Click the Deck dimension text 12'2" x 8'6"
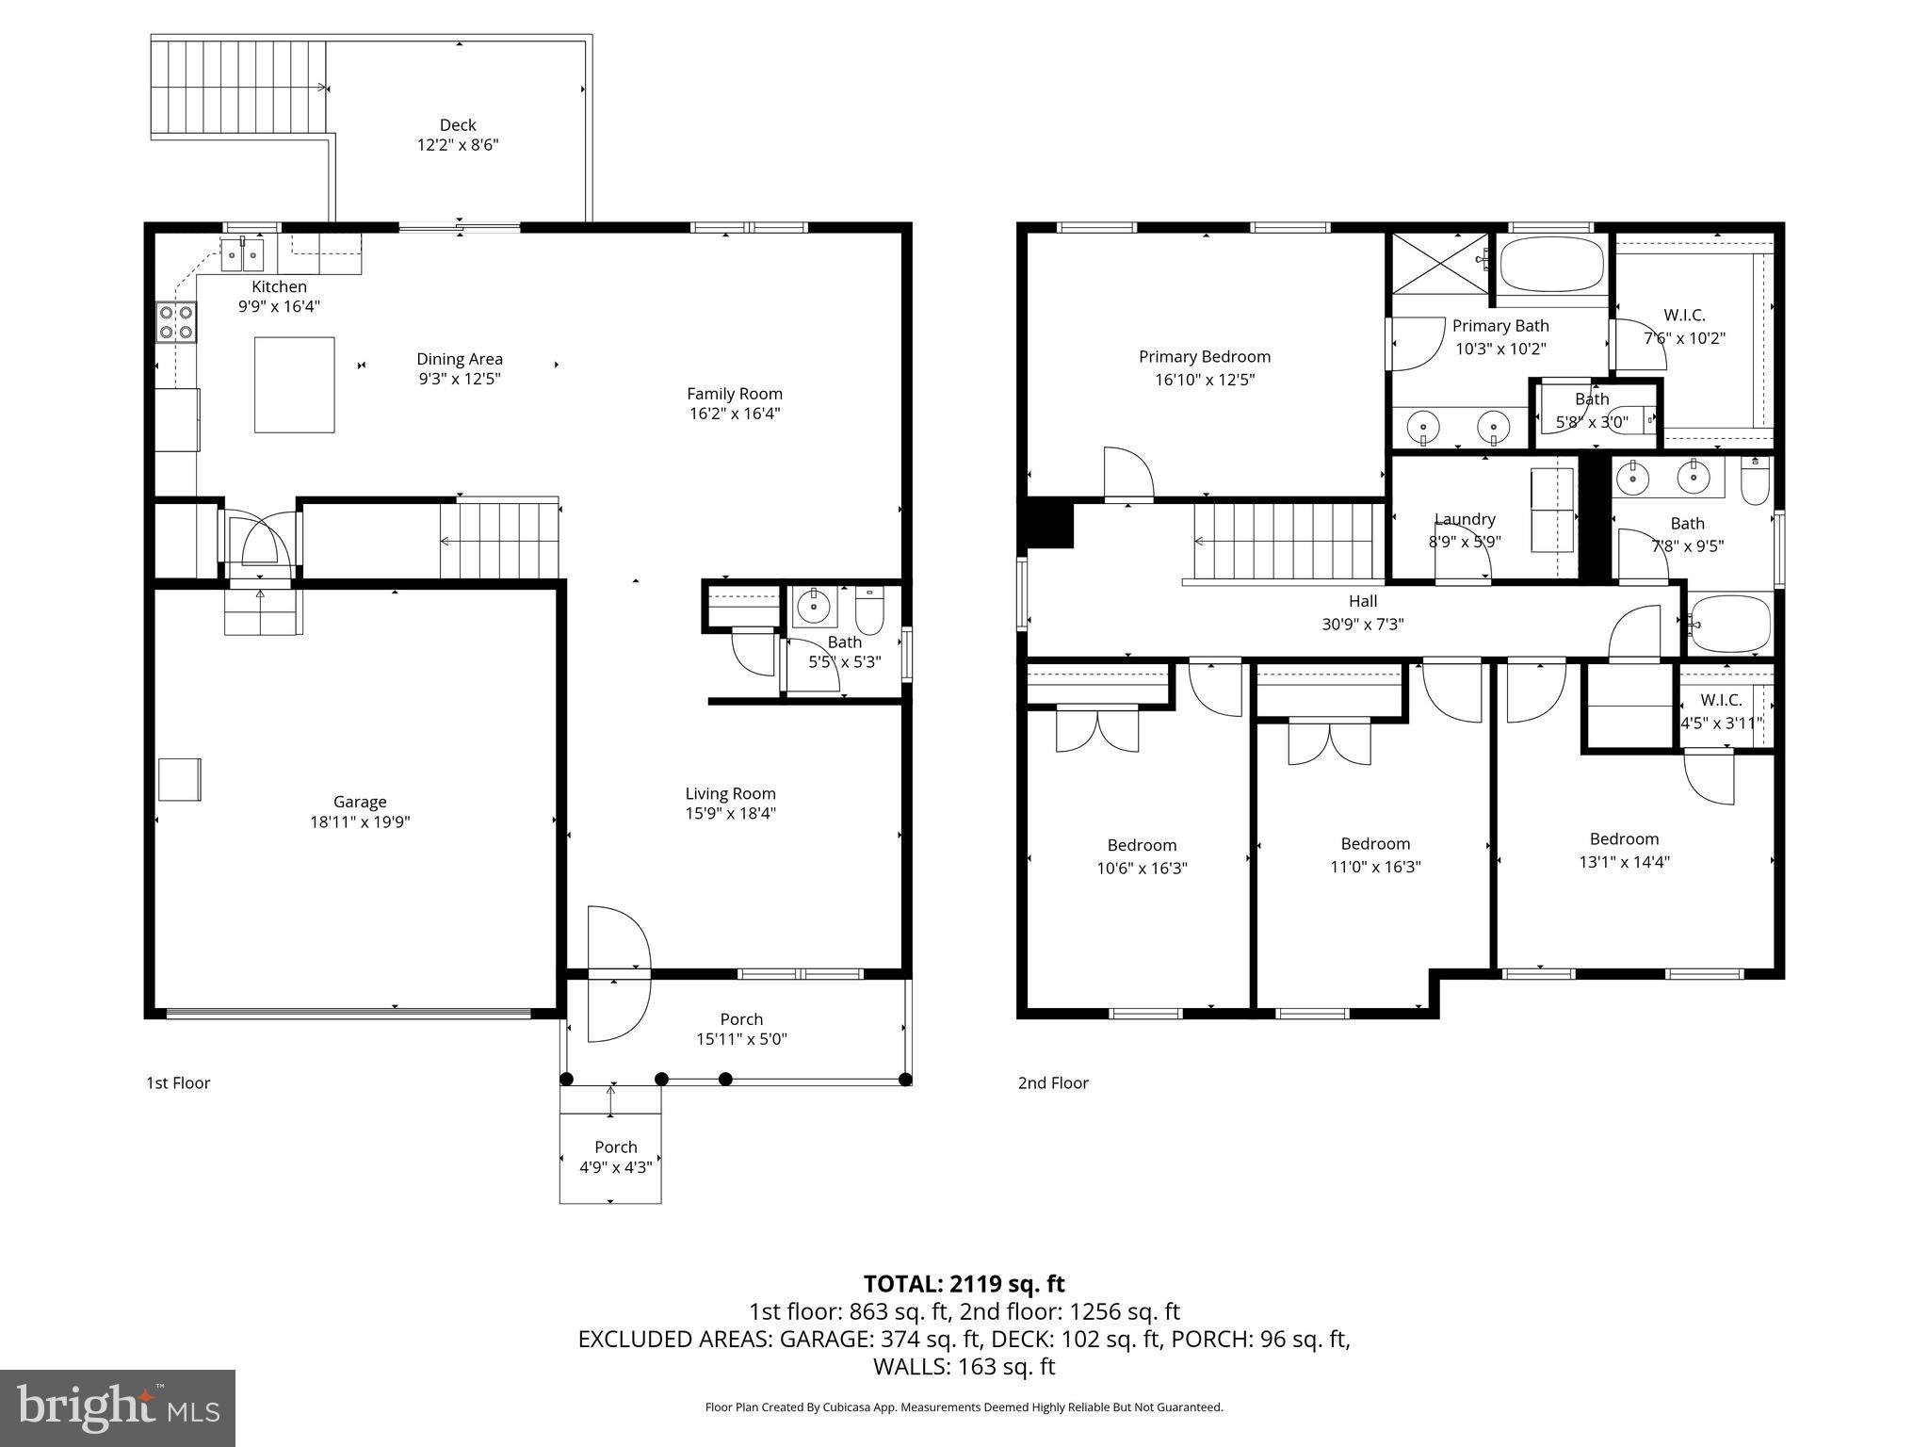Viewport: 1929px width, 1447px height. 458,145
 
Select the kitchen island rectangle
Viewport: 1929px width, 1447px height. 294,384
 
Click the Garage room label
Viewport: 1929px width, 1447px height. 360,802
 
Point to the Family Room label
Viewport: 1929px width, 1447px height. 734,394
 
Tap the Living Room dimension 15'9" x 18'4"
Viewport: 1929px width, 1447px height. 730,814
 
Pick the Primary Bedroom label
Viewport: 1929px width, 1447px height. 1204,357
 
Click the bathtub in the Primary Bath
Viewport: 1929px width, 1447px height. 1551,265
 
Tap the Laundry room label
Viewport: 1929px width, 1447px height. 1464,519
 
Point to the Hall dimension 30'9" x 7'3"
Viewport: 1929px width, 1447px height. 1362,624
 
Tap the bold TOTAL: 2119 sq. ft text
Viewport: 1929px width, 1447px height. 964,1284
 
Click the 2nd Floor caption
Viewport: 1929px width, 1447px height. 1052,1083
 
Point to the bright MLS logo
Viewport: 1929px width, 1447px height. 118,1407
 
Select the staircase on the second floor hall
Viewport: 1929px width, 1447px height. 1286,542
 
